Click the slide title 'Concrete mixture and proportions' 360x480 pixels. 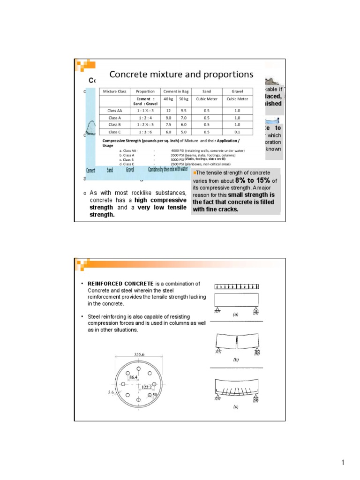pyautogui.click(x=181, y=75)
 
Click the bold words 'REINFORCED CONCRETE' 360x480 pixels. pyautogui.click(x=121, y=284)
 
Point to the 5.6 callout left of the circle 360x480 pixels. pyautogui.click(x=111, y=393)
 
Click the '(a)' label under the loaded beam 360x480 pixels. pyautogui.click(x=236, y=315)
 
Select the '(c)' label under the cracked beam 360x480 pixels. pyautogui.click(x=236, y=407)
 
